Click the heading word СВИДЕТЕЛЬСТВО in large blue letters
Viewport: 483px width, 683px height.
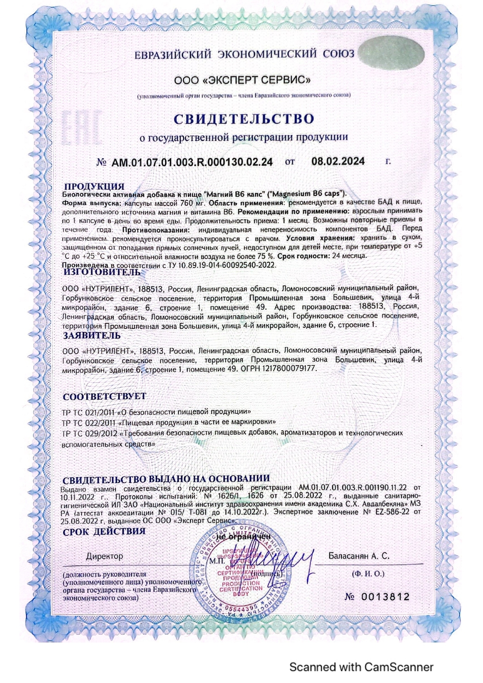coord(244,119)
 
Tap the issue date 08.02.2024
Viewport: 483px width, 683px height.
coord(338,161)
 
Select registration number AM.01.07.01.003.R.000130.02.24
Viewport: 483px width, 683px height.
coord(192,162)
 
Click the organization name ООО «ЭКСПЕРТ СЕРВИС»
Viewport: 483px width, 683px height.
coord(243,81)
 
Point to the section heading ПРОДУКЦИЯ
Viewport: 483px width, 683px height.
coord(94,186)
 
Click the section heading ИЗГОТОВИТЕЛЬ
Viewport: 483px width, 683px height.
coord(102,272)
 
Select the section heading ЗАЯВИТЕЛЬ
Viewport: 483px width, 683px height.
coord(92,336)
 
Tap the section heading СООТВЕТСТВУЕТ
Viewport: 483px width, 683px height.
coord(104,397)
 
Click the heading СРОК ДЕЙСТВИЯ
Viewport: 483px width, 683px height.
coord(104,531)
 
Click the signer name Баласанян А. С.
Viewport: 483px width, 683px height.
coord(359,556)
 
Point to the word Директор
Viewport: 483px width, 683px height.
coord(104,556)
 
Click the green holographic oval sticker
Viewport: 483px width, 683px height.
coord(391,54)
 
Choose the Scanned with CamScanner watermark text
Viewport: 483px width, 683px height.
coord(361,667)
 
